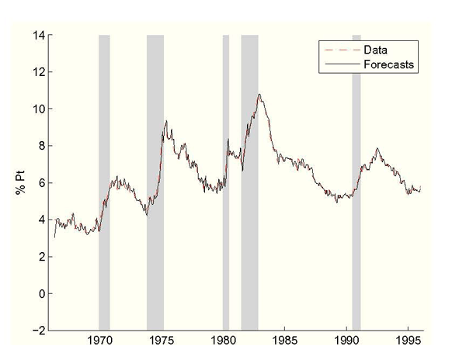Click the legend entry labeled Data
376,50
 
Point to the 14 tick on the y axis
37,35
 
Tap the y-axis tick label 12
37,72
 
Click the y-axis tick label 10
37,109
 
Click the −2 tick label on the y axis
37,331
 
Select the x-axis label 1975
162,342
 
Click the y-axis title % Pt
21,183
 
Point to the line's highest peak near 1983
259,95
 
